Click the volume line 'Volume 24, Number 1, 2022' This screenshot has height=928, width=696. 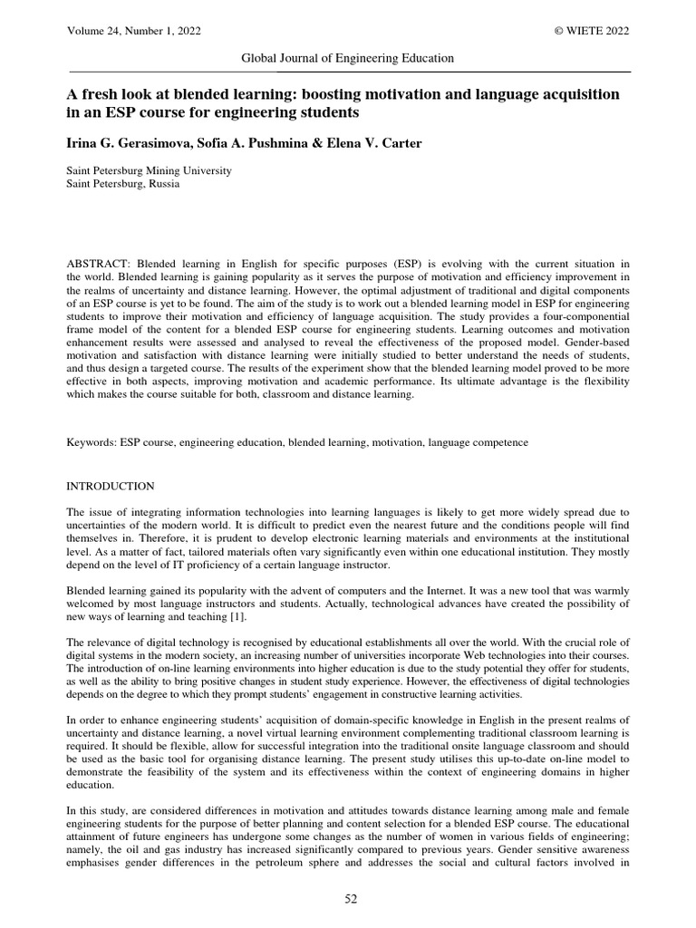click(134, 31)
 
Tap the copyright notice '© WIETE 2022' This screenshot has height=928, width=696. click(592, 31)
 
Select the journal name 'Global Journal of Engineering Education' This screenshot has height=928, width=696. click(347, 58)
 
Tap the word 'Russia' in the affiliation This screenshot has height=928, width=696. click(163, 184)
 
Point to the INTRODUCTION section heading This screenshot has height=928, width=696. click(111, 487)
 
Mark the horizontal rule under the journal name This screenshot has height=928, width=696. click(348, 71)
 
